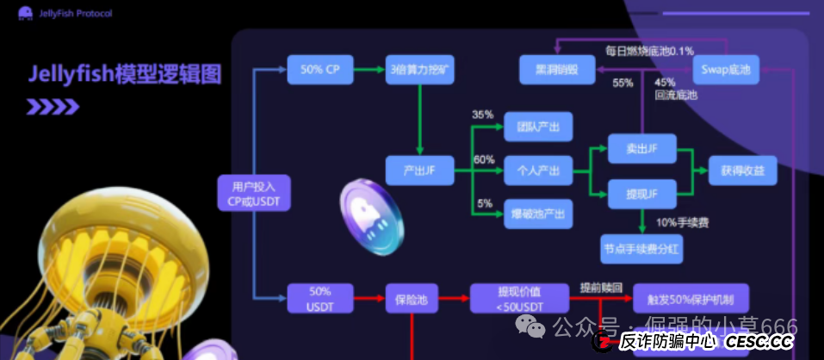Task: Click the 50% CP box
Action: pyautogui.click(x=319, y=70)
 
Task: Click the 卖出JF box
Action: pyautogui.click(x=641, y=148)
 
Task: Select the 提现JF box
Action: pyautogui.click(x=641, y=191)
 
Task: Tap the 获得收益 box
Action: pyautogui.click(x=742, y=171)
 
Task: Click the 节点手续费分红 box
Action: pyautogui.click(x=641, y=250)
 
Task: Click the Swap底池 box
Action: pyautogui.click(x=727, y=70)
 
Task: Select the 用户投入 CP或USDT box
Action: pyautogui.click(x=255, y=194)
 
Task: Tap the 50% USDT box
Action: pyautogui.click(x=319, y=299)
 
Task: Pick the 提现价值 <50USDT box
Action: pyautogui.click(x=519, y=299)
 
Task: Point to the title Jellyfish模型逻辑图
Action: pyautogui.click(x=125, y=74)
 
